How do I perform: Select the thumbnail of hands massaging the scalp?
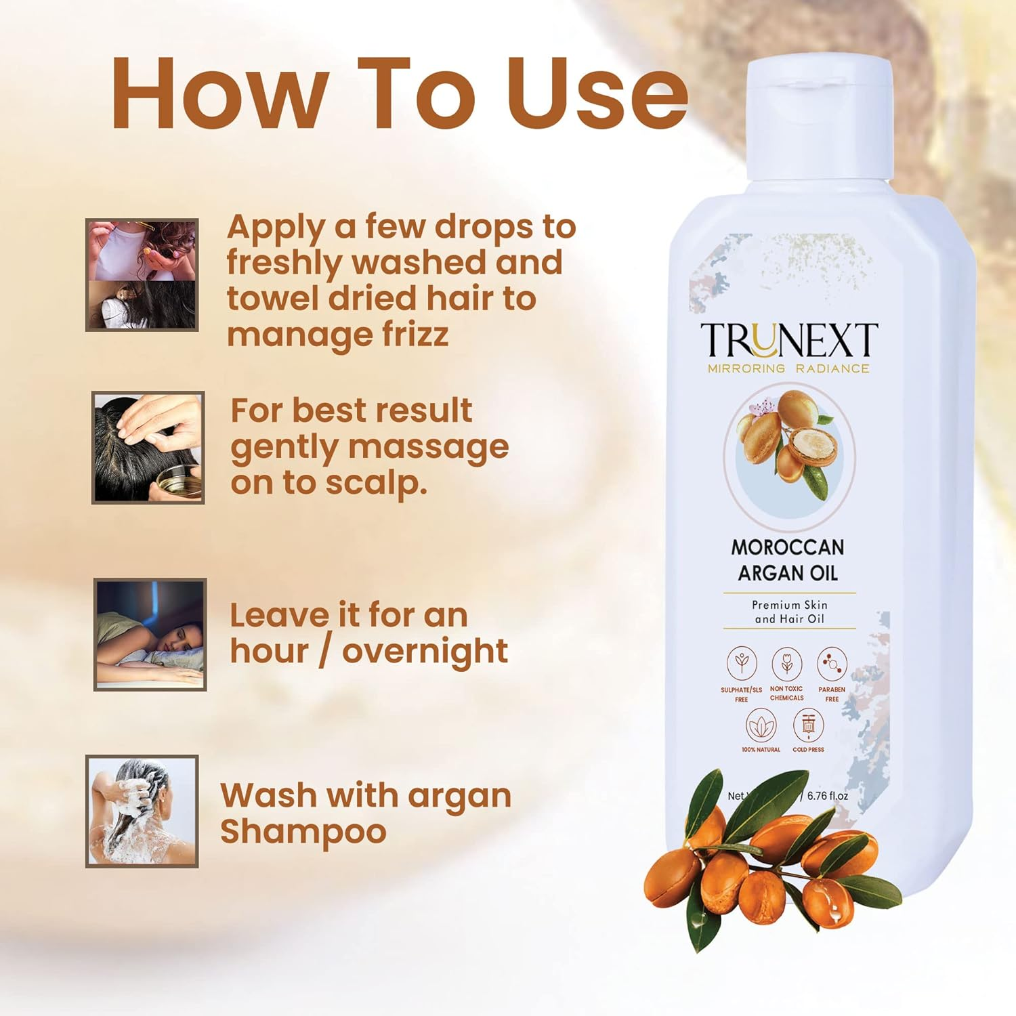pos(148,448)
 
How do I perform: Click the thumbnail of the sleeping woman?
pos(150,635)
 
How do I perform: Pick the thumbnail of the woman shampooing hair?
pos(142,811)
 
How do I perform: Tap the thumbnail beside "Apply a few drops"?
pos(142,275)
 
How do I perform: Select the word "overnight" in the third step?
pos(425,651)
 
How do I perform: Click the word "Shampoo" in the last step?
pos(303,832)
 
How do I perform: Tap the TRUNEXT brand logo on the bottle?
pos(788,341)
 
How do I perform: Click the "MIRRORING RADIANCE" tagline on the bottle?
pos(788,368)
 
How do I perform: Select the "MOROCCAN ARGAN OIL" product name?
pos(788,560)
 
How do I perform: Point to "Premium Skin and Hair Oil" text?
pos(789,612)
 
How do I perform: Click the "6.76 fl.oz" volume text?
pos(827,796)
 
